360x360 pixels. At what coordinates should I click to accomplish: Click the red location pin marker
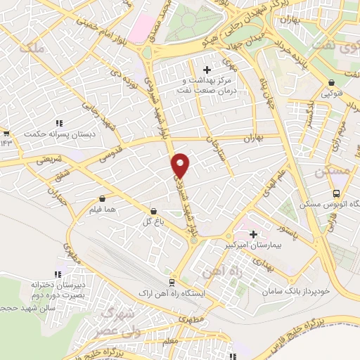point(181,165)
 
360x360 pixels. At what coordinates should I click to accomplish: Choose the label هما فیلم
point(103,210)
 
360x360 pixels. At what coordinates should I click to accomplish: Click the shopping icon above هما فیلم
point(103,199)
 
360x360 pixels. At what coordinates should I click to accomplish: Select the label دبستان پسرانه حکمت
point(51,133)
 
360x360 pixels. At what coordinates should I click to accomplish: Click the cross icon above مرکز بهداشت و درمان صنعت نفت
point(207,69)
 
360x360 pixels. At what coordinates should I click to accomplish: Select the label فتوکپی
point(333,92)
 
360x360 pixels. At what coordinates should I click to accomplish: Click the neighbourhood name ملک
point(33,49)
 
